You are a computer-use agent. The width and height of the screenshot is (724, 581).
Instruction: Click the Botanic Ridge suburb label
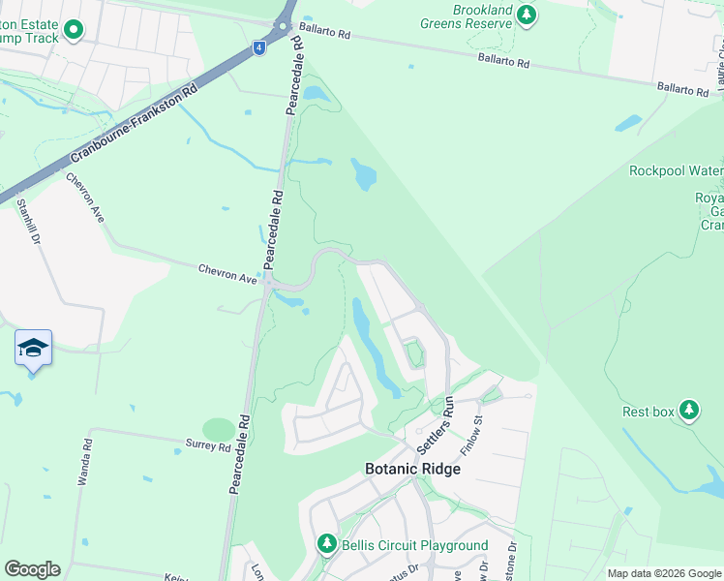pyautogui.click(x=412, y=469)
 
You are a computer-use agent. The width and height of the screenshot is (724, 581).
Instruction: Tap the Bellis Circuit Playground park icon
pyautogui.click(x=328, y=545)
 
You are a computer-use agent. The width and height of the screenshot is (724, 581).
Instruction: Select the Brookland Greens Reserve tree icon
pyautogui.click(x=526, y=15)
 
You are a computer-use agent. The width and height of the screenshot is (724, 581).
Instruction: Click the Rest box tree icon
pyautogui.click(x=689, y=411)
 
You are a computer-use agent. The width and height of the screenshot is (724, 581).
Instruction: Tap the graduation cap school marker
pyautogui.click(x=33, y=348)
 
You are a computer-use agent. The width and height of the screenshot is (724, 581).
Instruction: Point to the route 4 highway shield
pyautogui.click(x=258, y=46)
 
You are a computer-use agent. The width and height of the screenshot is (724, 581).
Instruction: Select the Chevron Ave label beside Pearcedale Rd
pyautogui.click(x=227, y=274)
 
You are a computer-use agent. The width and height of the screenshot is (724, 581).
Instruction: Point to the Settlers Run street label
pyautogui.click(x=435, y=426)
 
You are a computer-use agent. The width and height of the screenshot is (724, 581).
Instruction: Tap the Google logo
pyautogui.click(x=32, y=569)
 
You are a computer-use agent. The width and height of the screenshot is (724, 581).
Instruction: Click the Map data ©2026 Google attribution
pyautogui.click(x=664, y=573)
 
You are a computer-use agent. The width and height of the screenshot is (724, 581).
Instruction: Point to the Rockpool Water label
pyautogui.click(x=676, y=171)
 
